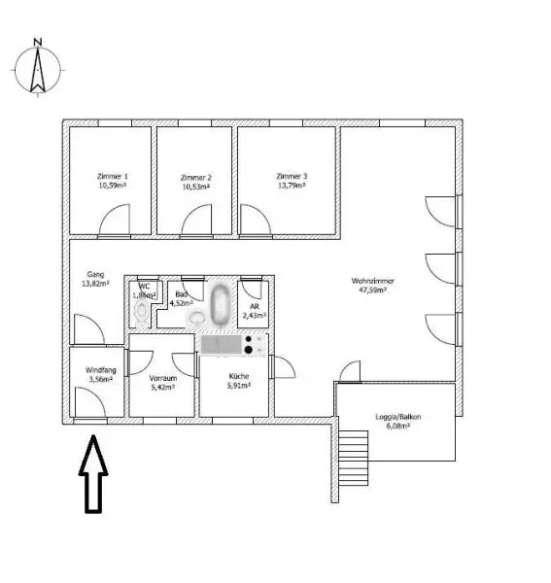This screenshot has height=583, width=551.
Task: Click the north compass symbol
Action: click(x=37, y=68)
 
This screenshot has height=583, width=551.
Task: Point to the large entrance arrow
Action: click(x=92, y=473)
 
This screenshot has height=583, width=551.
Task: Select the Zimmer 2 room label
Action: click(x=196, y=182)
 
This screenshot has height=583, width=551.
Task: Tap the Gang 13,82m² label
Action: click(x=94, y=280)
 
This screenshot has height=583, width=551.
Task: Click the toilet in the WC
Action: click(x=144, y=312)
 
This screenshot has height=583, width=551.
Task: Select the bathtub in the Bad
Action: click(x=221, y=303)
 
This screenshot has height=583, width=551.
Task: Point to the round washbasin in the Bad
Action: click(x=197, y=318)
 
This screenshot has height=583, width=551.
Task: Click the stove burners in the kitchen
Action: click(x=255, y=344)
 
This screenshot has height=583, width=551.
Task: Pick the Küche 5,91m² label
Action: click(x=239, y=380)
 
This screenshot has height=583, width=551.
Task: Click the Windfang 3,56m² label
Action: click(x=99, y=374)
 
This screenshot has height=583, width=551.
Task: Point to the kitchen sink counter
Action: click(x=221, y=344)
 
